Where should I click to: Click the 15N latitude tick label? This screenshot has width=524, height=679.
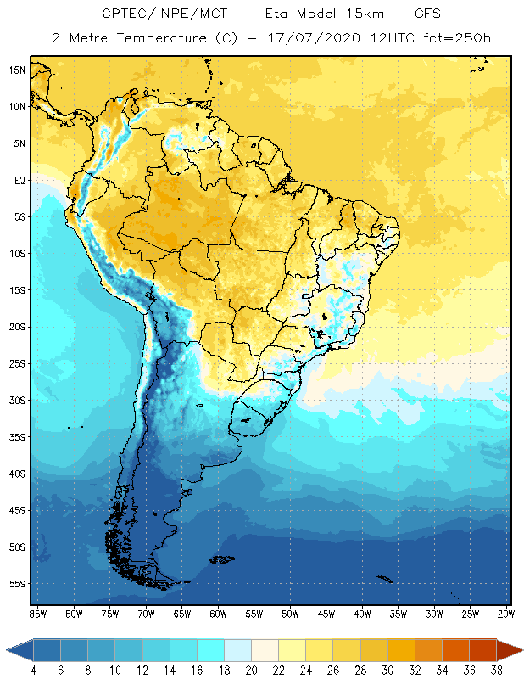point(17,70)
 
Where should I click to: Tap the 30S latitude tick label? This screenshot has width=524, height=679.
point(17,400)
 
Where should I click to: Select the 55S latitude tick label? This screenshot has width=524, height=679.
point(17,584)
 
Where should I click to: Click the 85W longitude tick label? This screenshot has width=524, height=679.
point(37,614)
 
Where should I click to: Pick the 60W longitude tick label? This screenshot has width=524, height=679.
point(218,614)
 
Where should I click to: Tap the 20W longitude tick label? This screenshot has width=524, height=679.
point(506,614)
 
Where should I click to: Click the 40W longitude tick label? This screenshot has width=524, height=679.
point(362,614)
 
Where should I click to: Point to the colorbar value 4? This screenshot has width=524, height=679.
point(33,670)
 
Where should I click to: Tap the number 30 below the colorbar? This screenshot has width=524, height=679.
point(387,670)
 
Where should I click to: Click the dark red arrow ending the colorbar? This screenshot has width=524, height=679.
point(510,650)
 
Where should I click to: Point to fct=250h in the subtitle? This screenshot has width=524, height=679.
point(458,38)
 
